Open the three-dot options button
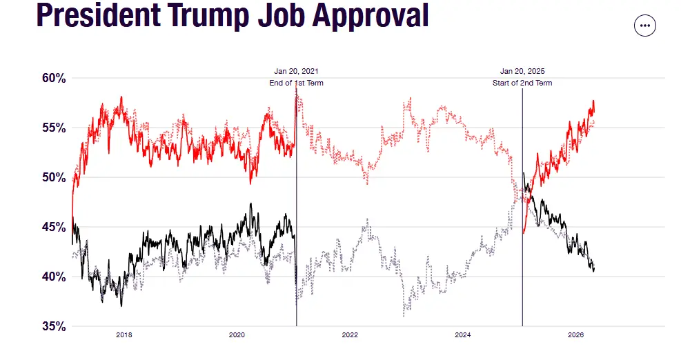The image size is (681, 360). coord(645,26)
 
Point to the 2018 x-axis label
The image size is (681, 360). coord(124,336)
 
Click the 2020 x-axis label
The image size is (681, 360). coord(237,336)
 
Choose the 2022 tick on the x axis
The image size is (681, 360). coord(350,336)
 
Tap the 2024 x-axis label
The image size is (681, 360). coord(462,336)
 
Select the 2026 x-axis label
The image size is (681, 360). coord(575,336)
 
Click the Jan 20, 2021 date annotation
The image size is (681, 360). coord(296,71)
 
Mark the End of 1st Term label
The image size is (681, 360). coord(296,83)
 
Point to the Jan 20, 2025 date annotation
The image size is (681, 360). coord(522,71)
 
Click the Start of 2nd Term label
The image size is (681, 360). coord(522,83)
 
